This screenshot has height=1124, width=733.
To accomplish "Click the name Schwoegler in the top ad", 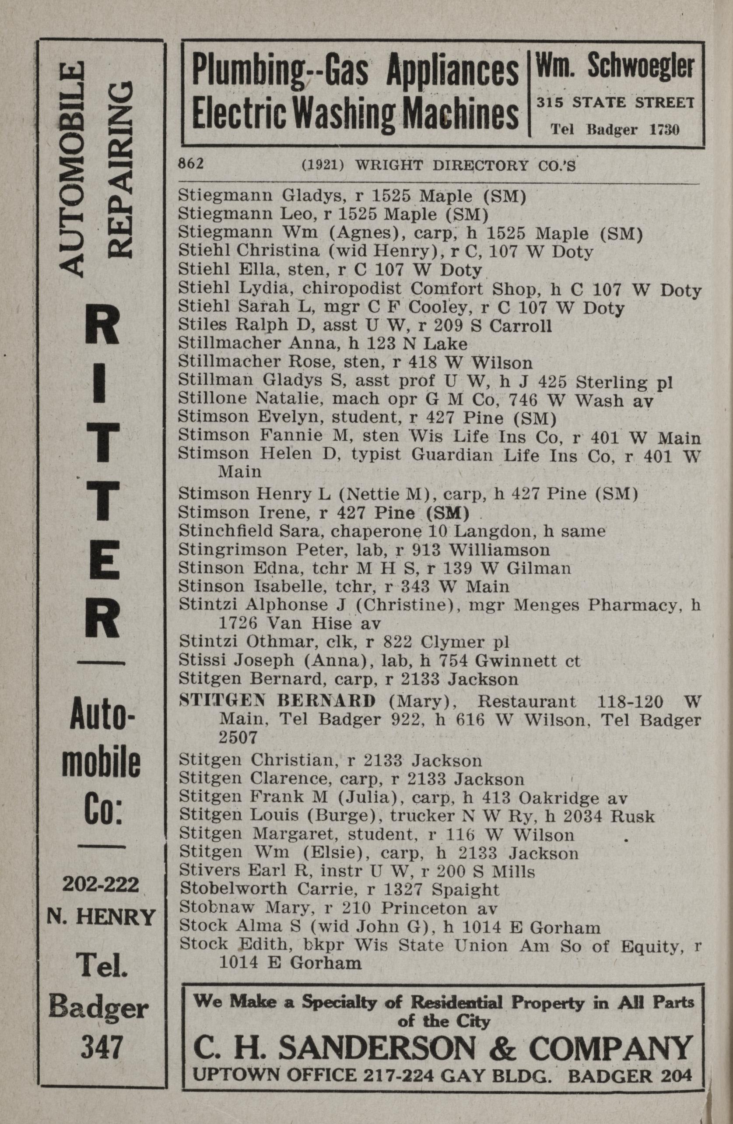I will pyautogui.click(x=642, y=67).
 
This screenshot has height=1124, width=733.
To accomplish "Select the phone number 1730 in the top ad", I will pyautogui.click(x=664, y=130).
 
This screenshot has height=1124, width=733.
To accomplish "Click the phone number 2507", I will pyautogui.click(x=239, y=737).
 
